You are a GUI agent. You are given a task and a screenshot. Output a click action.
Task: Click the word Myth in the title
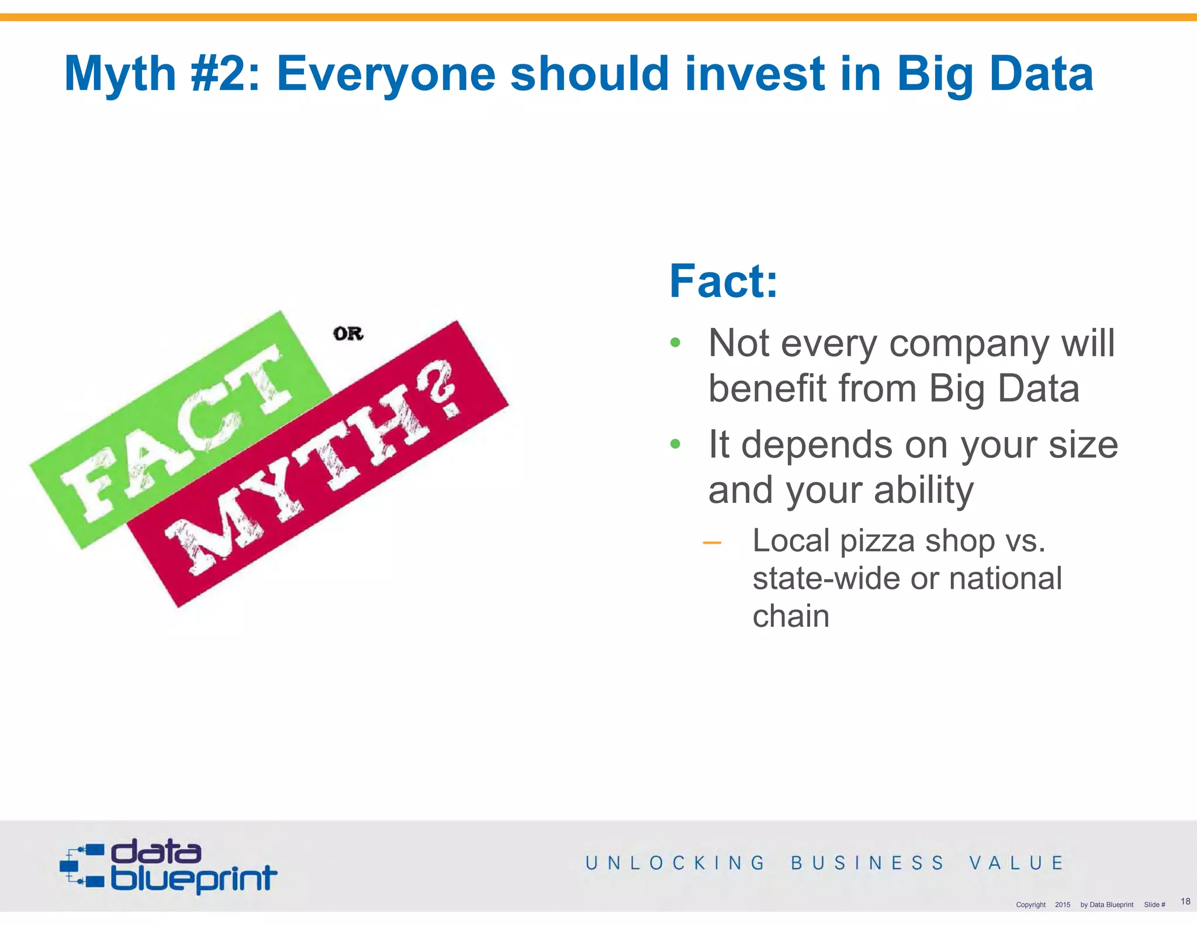click(x=120, y=74)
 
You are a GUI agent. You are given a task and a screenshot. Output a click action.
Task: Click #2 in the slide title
click(x=225, y=74)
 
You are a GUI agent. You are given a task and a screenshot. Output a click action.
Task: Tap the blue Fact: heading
click(x=724, y=281)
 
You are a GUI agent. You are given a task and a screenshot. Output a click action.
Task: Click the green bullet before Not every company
click(x=675, y=343)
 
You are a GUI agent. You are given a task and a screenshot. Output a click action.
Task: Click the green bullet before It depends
click(x=675, y=444)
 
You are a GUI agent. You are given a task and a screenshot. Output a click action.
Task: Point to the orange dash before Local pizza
click(x=712, y=543)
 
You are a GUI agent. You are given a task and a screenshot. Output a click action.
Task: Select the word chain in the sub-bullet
click(x=791, y=616)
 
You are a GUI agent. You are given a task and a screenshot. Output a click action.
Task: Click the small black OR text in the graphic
click(x=348, y=334)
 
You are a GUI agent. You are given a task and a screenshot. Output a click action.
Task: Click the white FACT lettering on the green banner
click(x=175, y=433)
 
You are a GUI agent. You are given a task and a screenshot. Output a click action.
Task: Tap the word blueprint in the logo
click(x=193, y=879)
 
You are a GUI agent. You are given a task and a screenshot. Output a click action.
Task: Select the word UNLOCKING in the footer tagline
click(x=675, y=863)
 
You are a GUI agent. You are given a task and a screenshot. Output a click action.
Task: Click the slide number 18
click(x=1185, y=901)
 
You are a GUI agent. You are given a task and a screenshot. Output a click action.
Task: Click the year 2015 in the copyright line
click(x=1062, y=905)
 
